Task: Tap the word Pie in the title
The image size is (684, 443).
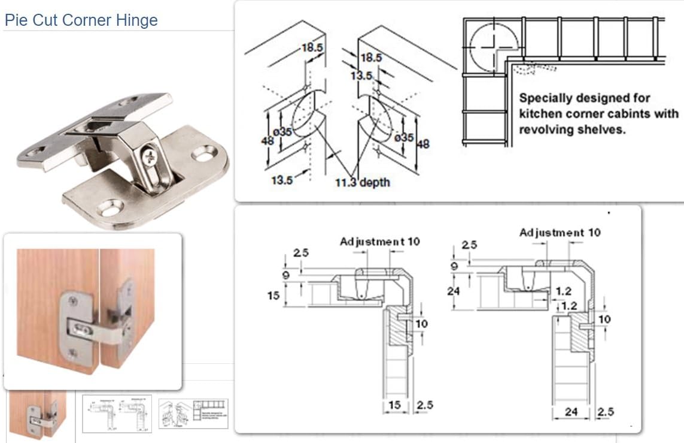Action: [x=15, y=20]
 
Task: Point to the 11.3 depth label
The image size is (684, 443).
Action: [x=362, y=181]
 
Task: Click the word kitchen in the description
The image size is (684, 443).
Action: [x=542, y=114]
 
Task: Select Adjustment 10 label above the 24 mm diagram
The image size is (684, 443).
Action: [x=560, y=233]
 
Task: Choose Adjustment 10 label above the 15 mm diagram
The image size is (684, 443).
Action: [x=380, y=242]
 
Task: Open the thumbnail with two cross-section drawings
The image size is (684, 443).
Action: [x=117, y=414]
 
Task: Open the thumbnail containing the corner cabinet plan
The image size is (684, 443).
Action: [x=193, y=414]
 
